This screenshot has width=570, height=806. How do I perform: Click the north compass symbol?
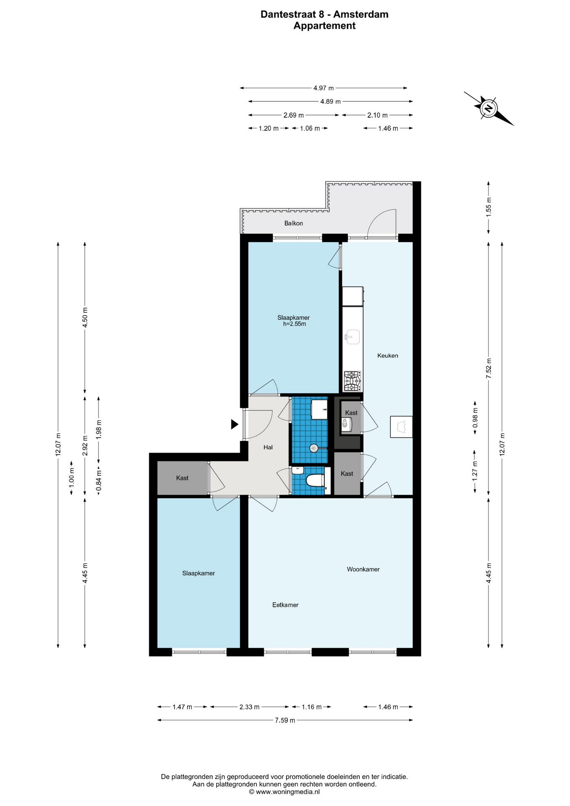[489, 108]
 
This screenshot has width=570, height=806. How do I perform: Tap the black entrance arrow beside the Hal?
[235, 424]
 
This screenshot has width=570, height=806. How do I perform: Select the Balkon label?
[293, 223]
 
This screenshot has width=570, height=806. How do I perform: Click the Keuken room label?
[387, 356]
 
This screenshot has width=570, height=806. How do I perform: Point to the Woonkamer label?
[363, 569]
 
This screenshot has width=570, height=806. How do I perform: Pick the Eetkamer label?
[285, 605]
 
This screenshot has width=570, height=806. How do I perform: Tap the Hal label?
[268, 447]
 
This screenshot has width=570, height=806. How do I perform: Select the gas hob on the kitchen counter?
[352, 381]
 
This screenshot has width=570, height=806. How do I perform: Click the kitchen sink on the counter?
[352, 336]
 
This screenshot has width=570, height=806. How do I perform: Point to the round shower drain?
[314, 448]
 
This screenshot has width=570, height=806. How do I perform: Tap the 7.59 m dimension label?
[285, 720]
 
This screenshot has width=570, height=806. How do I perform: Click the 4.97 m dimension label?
[324, 88]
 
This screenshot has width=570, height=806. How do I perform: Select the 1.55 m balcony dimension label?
[489, 207]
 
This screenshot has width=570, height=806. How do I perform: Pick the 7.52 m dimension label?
[489, 369]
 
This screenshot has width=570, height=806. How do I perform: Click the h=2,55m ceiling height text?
[294, 324]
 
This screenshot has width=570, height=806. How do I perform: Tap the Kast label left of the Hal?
[182, 478]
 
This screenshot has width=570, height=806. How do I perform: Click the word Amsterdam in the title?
[361, 14]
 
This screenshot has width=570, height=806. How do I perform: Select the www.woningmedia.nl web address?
[288, 792]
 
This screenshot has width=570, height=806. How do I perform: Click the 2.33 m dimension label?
[249, 707]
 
